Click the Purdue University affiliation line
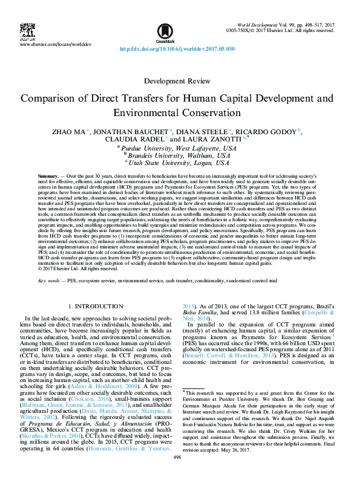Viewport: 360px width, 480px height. click(179, 148)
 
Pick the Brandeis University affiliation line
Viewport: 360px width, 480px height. click(179, 155)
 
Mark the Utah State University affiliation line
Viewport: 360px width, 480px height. click(179, 163)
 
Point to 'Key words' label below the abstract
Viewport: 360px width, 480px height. click(49, 281)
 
